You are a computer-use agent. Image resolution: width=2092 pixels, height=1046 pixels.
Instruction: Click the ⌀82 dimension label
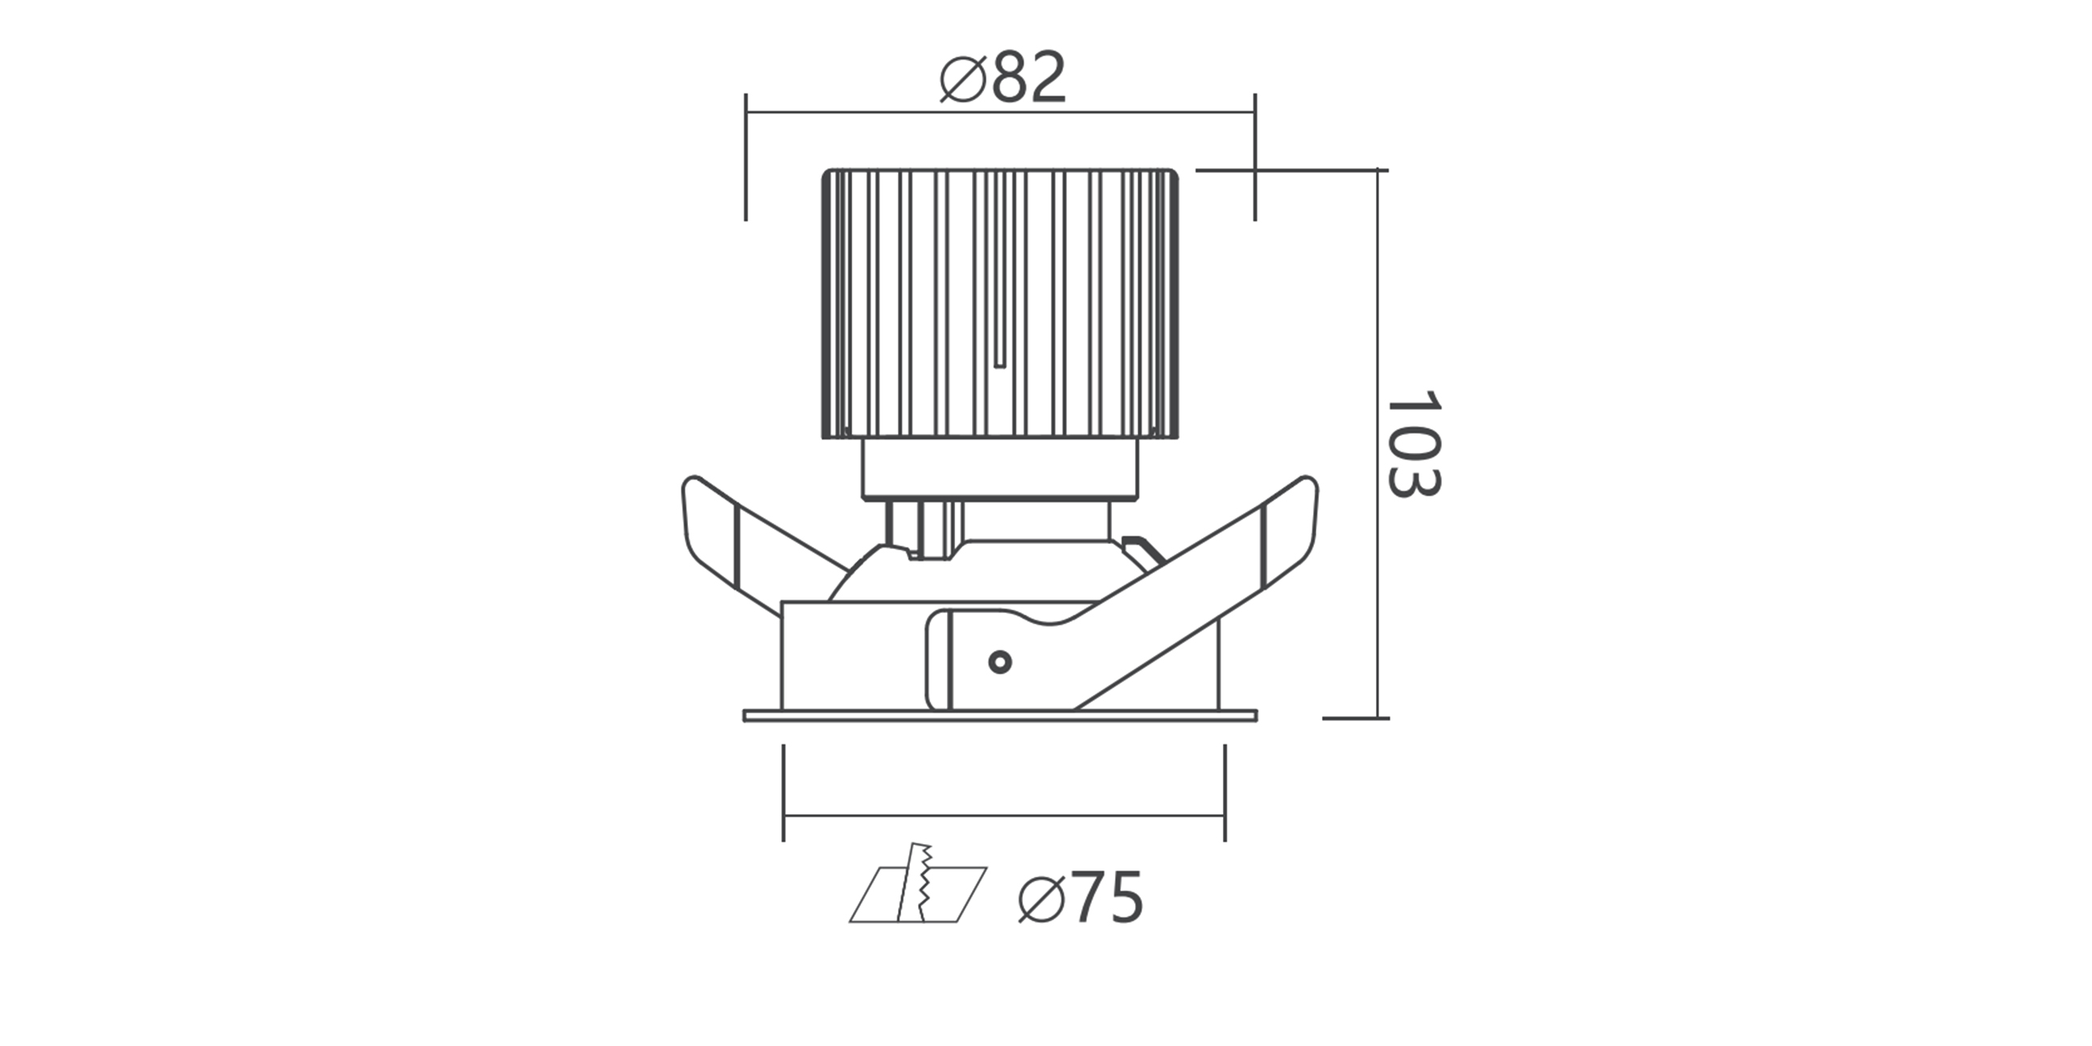(1002, 77)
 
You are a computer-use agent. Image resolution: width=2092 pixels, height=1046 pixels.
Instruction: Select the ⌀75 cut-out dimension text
(1080, 897)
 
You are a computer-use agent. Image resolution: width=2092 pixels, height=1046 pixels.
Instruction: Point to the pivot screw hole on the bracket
(999, 662)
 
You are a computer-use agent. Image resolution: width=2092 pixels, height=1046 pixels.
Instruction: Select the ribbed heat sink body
(1000, 303)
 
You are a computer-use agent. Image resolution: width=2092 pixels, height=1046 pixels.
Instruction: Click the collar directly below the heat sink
(1000, 468)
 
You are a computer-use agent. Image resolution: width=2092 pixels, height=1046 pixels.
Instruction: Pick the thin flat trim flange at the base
(1000, 715)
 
